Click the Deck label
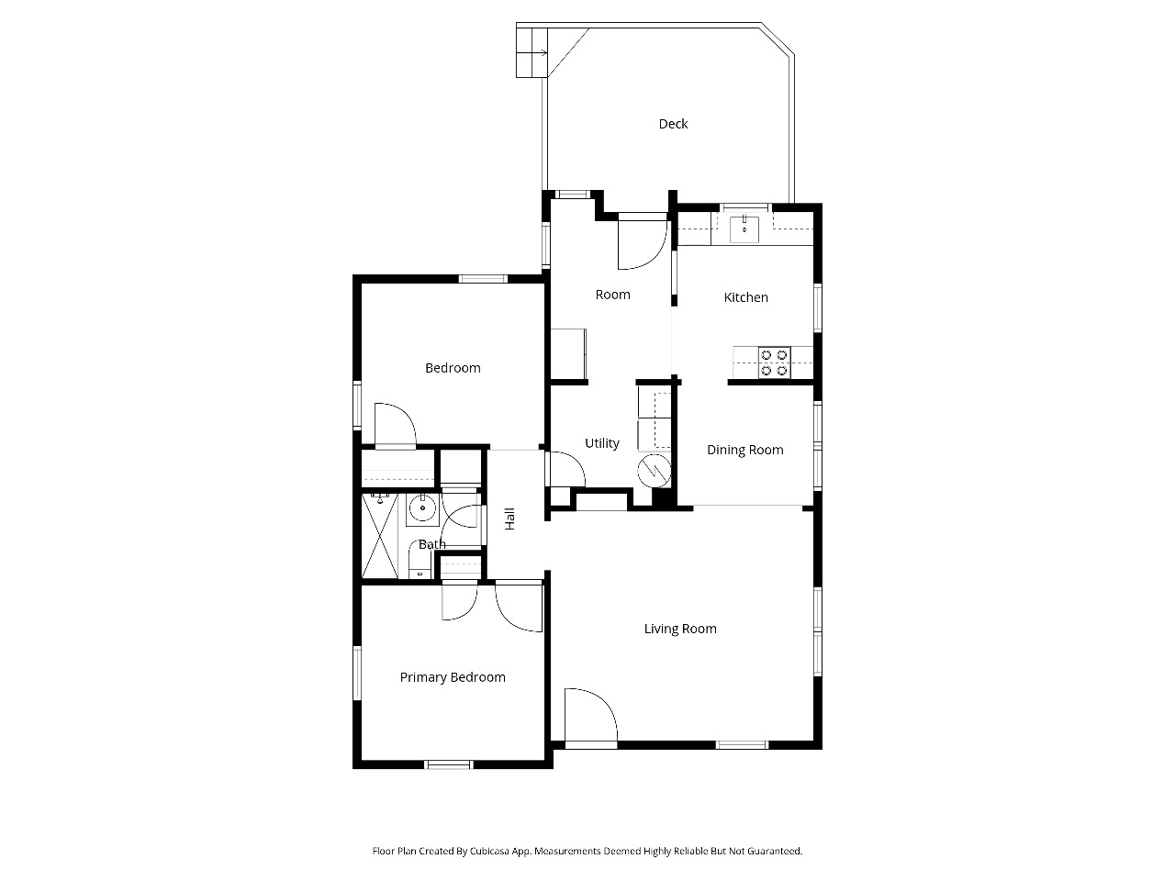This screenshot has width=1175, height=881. pos(673,124)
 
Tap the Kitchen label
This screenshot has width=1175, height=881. pos(745,297)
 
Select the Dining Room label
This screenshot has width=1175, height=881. pos(745,450)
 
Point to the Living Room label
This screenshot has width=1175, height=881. pos(680,629)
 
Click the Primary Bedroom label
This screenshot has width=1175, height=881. pos(453,678)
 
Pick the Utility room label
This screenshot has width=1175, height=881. pos(601,443)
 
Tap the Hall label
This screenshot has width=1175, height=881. pos(509,519)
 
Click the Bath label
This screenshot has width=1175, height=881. pos(432,544)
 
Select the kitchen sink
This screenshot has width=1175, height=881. pos(744,229)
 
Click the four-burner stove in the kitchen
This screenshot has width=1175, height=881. pos(774,362)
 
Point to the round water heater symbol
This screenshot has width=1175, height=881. pos(655,471)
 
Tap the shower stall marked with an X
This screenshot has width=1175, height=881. pos(380,536)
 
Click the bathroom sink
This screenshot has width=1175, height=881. pos(422,507)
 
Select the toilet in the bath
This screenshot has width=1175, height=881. pos(420,560)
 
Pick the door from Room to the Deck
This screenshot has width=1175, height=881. pos(643,241)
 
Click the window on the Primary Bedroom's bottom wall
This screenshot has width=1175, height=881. pos(449,765)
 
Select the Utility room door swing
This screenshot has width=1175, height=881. pos(567,469)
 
